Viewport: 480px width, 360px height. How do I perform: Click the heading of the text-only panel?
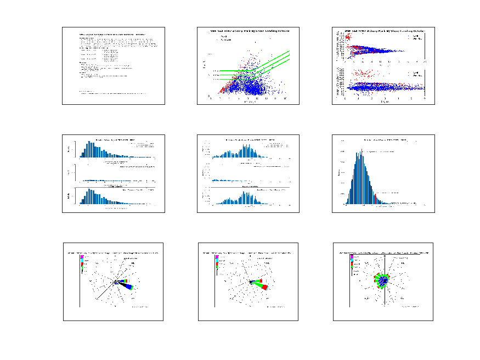tap(112, 34)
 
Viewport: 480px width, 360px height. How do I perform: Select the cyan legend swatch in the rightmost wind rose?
tap(352, 261)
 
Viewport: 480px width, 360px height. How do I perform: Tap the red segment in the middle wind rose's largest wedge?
tap(264, 286)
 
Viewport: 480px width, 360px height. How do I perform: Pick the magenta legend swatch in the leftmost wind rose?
tap(82, 257)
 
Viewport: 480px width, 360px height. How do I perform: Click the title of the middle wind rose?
tap(248, 253)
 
